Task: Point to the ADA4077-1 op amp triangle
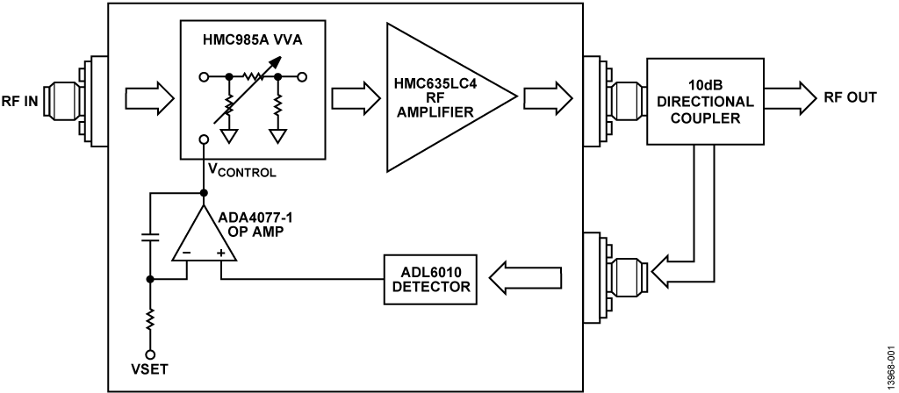[x=204, y=233]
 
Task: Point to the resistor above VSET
[x=150, y=321]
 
